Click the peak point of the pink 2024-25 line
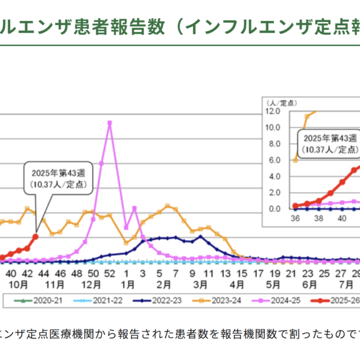coord(109,123)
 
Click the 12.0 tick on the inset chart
coord(273,111)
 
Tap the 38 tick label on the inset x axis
coord(318,218)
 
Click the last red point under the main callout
coord(36,236)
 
